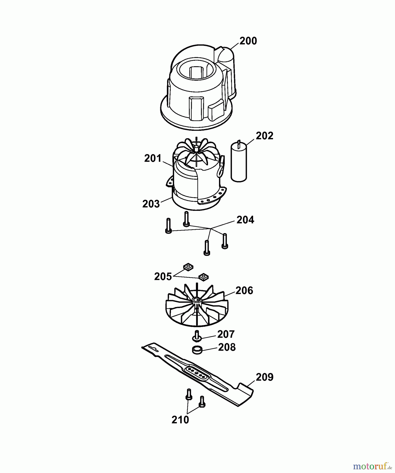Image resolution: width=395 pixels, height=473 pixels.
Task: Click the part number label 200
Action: click(x=248, y=41)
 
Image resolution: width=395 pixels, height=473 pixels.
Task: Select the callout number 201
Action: click(x=153, y=158)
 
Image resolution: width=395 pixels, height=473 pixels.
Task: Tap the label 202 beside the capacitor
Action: click(x=264, y=136)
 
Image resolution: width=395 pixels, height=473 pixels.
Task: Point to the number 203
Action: click(x=151, y=204)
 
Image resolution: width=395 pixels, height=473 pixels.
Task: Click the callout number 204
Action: click(x=245, y=220)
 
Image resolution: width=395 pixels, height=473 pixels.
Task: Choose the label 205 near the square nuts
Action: click(x=163, y=276)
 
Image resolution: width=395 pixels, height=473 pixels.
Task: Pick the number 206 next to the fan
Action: click(x=244, y=291)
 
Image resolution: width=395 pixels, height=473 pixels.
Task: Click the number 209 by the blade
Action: click(x=264, y=377)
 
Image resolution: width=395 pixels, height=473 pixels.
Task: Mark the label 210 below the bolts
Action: click(x=180, y=420)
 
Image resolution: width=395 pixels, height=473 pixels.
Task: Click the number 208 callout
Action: click(x=227, y=347)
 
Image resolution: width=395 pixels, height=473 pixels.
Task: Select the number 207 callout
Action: click(x=226, y=334)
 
